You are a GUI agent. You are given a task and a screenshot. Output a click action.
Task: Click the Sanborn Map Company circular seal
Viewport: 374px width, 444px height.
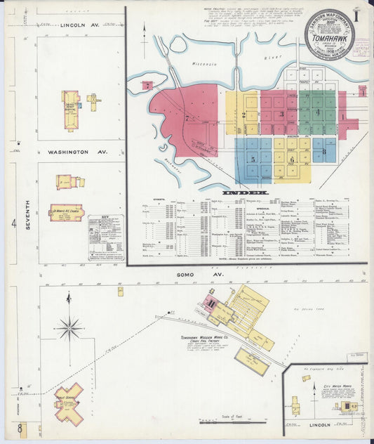328,34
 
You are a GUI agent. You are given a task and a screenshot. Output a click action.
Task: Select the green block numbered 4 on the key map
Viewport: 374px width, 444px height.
316,112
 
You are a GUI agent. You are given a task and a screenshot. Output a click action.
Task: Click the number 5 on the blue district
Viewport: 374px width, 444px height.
253,159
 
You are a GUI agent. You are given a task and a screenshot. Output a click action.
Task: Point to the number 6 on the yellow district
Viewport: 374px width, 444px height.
291,159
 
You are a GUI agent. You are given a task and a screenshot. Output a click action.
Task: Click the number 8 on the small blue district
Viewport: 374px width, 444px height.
323,151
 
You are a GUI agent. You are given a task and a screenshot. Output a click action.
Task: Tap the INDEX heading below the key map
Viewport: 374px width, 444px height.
245,192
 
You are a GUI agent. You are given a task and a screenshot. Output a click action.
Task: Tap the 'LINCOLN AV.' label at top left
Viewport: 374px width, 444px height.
83,25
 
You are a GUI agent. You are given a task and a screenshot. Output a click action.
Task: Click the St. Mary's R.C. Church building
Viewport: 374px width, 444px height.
65,211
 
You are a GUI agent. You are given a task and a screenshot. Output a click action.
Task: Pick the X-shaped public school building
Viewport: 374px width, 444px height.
69,403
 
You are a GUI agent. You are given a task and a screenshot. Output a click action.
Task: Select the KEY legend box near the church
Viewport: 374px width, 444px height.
105,237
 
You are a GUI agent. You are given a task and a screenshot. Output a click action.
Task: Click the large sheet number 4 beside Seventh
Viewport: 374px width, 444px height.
13,225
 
